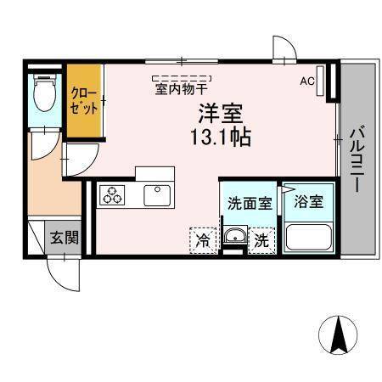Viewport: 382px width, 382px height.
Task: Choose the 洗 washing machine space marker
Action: point(262,240)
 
